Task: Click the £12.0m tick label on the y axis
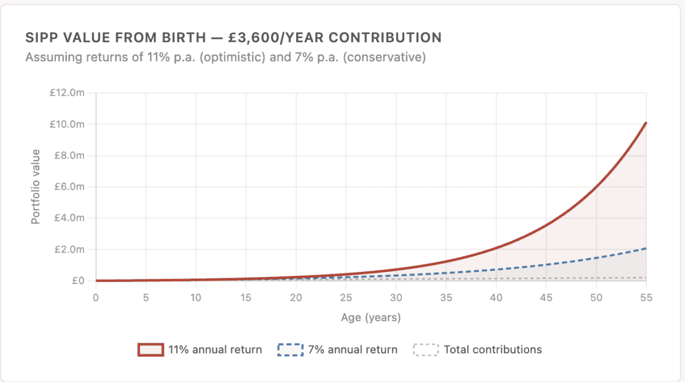click(67, 93)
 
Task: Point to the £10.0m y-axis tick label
click(67, 124)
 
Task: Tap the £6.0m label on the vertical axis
click(68, 187)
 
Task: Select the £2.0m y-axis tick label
click(68, 249)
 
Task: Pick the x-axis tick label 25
click(346, 298)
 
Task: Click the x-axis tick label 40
click(496, 298)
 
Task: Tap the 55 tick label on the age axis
click(646, 298)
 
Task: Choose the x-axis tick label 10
click(196, 298)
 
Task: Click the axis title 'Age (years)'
click(371, 318)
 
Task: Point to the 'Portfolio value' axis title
click(35, 186)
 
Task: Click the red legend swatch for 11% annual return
click(150, 350)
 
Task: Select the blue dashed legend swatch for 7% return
click(290, 350)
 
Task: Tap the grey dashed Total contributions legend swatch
click(425, 350)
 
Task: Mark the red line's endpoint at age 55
click(646, 123)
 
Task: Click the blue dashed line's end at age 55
click(646, 248)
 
